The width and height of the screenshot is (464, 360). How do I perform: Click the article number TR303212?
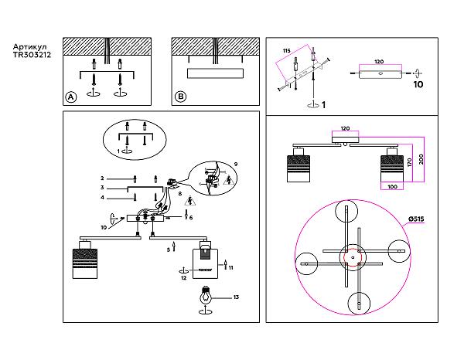[x=32, y=55]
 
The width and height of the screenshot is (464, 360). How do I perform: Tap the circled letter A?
[x=70, y=97]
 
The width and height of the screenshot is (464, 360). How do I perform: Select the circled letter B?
[x=180, y=97]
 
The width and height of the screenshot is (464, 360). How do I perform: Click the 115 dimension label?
[x=286, y=51]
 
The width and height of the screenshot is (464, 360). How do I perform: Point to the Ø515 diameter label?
[x=416, y=219]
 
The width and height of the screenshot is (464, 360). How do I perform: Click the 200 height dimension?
[x=421, y=159]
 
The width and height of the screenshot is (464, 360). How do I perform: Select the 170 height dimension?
[x=409, y=162]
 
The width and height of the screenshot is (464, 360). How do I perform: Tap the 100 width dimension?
[x=392, y=186]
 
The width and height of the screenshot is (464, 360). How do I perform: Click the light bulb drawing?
[x=206, y=295]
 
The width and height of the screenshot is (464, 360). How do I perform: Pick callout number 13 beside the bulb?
[x=236, y=297]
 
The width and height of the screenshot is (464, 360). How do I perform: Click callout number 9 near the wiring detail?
[x=236, y=164]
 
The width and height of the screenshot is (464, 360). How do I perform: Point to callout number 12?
[x=184, y=278]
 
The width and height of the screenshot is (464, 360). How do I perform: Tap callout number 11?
[x=230, y=267]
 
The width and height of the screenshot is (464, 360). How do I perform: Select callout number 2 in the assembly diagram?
[x=102, y=178]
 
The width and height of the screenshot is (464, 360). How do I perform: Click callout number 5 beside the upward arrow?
[x=169, y=250]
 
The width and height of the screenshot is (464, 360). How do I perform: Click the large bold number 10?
[x=418, y=84]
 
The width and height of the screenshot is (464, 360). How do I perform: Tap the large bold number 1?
[x=323, y=104]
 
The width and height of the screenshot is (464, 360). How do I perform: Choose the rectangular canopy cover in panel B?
[x=216, y=73]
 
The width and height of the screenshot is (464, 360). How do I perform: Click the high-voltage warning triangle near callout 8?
[x=189, y=201]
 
